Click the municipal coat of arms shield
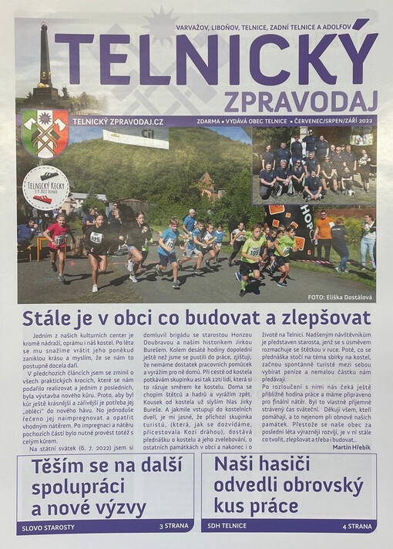[45, 132]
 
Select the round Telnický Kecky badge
[45, 187]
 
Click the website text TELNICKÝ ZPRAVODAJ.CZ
[116, 122]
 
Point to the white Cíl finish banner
[136, 138]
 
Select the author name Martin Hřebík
[351, 448]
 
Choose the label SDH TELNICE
[227, 526]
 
